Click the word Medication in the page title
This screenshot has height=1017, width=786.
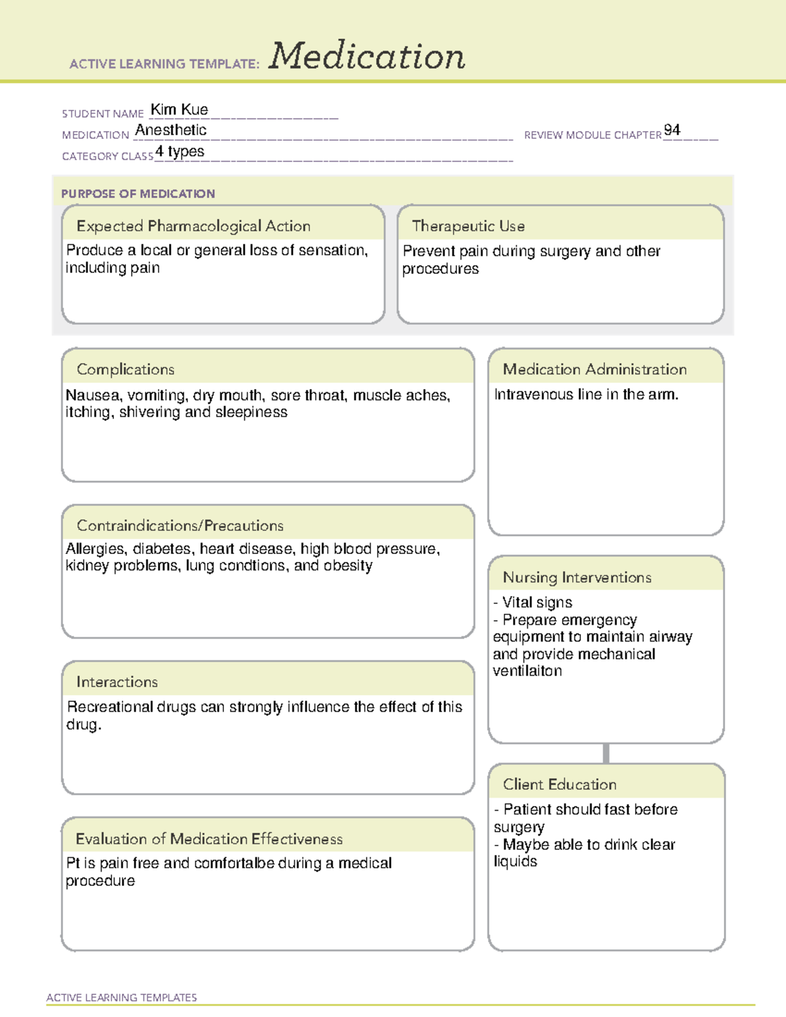pyautogui.click(x=367, y=56)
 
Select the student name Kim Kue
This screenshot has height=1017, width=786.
pyautogui.click(x=179, y=110)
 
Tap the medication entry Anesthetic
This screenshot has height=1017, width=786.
pyautogui.click(x=170, y=130)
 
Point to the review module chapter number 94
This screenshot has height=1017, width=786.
pyautogui.click(x=671, y=130)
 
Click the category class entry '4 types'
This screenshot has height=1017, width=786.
pyautogui.click(x=179, y=152)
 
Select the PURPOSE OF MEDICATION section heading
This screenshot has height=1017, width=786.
pyautogui.click(x=138, y=194)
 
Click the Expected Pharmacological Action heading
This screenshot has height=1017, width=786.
pyautogui.click(x=193, y=226)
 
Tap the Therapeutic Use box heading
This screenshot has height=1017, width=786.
pyautogui.click(x=468, y=226)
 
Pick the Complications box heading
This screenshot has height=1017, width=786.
pyautogui.click(x=125, y=369)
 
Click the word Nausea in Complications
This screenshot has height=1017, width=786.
pyautogui.click(x=92, y=396)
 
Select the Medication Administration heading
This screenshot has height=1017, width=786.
pyautogui.click(x=594, y=369)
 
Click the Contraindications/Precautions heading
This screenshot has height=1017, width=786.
pyautogui.click(x=179, y=525)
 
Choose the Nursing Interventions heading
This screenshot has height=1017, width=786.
pyautogui.click(x=576, y=577)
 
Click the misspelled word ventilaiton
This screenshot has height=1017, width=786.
pyautogui.click(x=527, y=671)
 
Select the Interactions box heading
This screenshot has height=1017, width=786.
pyautogui.click(x=117, y=682)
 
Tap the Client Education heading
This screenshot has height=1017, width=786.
pyautogui.click(x=559, y=785)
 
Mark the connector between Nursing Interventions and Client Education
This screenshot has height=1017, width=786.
pyautogui.click(x=606, y=753)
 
